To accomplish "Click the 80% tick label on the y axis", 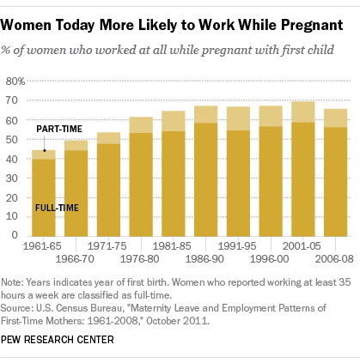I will (15, 82).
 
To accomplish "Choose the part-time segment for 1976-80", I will (141, 125).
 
